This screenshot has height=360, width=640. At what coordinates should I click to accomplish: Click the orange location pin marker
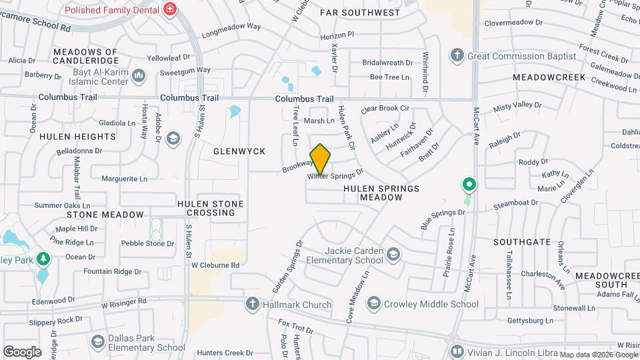click(x=320, y=159)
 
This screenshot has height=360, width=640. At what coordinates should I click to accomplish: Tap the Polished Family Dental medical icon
click(x=171, y=10)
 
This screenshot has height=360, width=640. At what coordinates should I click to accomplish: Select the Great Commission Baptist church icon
click(x=457, y=55)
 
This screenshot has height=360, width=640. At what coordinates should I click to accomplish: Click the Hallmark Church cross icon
click(x=252, y=305)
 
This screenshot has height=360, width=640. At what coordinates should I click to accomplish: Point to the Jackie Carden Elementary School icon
click(x=394, y=255)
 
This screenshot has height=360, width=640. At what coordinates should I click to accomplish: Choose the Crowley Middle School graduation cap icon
click(x=373, y=304)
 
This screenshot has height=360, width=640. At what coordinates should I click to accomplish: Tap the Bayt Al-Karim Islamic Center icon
click(x=139, y=76)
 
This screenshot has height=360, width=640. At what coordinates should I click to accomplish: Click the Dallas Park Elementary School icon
click(x=98, y=342)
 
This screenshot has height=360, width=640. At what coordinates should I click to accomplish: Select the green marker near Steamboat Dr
click(x=469, y=185)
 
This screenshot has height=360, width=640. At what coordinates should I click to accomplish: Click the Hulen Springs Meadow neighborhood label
click(x=381, y=193)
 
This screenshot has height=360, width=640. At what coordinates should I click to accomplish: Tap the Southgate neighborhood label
click(x=523, y=242)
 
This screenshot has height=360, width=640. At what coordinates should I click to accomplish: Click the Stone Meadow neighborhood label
click(x=105, y=215)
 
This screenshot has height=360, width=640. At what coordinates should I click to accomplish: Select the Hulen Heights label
click(x=77, y=137)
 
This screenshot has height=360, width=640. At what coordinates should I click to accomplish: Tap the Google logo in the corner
click(x=22, y=351)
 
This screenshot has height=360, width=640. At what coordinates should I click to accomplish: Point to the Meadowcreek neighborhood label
click(x=549, y=77)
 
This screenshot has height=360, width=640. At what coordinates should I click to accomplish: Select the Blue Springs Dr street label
click(x=442, y=218)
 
